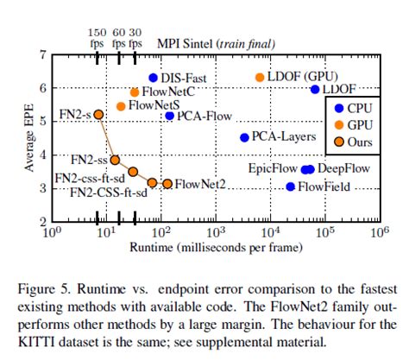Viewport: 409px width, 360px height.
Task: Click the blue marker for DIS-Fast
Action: point(154,78)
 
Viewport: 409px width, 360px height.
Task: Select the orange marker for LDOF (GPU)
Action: point(260,78)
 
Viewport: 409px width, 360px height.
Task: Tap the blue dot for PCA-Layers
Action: point(244,137)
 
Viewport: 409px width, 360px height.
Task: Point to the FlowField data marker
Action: point(290,186)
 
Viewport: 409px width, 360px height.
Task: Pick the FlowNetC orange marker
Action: point(135,92)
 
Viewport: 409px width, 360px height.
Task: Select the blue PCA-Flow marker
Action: point(169,116)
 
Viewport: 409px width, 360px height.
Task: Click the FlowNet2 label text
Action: point(200,184)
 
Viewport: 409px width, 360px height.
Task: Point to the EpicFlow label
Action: point(273,169)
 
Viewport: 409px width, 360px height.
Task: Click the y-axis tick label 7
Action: point(43,54)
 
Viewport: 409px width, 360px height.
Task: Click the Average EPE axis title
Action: point(29,138)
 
